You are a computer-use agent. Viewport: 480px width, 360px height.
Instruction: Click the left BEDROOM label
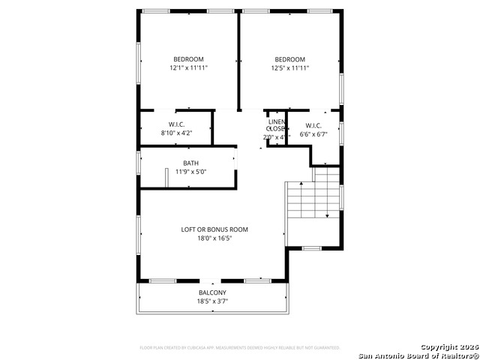(x=188, y=59)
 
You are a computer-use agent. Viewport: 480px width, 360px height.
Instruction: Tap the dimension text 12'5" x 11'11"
(x=289, y=68)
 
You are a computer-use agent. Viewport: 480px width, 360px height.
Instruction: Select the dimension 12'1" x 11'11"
(x=188, y=68)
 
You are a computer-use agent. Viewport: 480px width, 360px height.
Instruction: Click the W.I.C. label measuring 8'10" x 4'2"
(x=176, y=124)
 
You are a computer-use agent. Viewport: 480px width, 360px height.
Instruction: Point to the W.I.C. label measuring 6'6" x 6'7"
(x=313, y=124)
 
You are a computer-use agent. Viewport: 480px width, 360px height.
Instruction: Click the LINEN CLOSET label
(x=276, y=124)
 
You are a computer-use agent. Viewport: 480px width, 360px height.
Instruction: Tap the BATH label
(x=190, y=163)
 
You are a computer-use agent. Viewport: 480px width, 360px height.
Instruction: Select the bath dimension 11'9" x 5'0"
(x=190, y=172)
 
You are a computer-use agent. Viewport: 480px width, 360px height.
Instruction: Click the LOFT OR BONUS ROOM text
(x=214, y=229)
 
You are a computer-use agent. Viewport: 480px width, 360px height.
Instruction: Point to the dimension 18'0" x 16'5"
(x=214, y=238)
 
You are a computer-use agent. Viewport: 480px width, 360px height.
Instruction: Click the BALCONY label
(x=212, y=292)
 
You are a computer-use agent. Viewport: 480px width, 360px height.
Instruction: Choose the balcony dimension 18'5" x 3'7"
(x=212, y=301)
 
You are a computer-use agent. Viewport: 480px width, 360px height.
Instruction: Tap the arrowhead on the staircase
(x=327, y=216)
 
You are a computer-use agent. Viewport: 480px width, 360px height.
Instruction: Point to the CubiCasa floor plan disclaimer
(x=240, y=348)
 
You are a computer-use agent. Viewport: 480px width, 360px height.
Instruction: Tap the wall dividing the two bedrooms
(x=239, y=60)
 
